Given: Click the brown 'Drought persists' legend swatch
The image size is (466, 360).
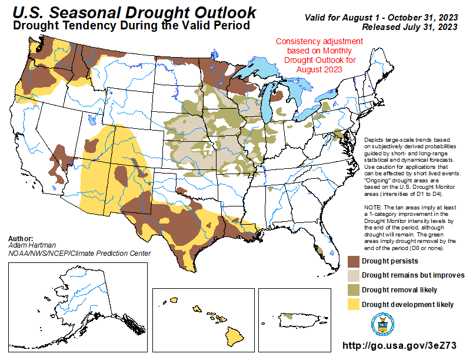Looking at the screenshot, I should click(353, 261).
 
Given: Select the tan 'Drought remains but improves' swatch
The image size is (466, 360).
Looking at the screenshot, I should click(353, 275).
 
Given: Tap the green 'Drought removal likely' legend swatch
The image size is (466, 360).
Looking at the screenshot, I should click(353, 289).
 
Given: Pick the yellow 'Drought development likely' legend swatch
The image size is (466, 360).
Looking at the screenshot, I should click(353, 304).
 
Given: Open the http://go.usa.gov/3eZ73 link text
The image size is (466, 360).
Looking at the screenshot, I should click(399, 346).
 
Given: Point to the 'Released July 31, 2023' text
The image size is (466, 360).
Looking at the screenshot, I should click(410, 27).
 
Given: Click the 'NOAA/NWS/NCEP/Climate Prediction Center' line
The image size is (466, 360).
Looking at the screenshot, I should click(79, 254).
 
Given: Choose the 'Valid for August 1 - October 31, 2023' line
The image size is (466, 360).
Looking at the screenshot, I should click(381, 18).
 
